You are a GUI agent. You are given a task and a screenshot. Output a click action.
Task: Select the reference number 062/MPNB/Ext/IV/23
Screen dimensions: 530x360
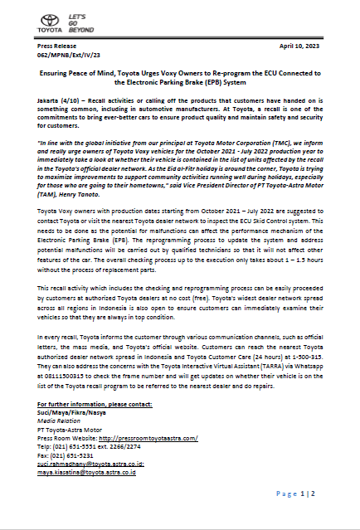point(71,57)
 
